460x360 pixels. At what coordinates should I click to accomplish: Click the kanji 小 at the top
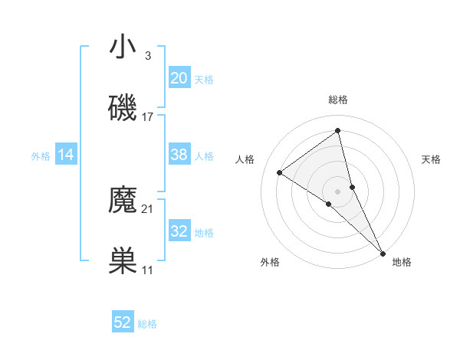click(123, 47)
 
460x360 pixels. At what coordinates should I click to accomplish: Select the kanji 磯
click(123, 108)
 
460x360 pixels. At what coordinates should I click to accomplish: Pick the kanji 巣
click(123, 261)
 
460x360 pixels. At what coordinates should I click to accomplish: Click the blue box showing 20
click(179, 78)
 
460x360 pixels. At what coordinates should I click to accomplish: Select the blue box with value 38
click(179, 155)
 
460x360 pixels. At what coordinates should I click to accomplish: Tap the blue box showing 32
click(179, 231)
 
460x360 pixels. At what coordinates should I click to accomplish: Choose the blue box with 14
click(66, 155)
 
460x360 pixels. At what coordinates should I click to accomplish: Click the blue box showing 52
click(123, 322)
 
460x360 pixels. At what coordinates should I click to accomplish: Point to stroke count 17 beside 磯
click(148, 117)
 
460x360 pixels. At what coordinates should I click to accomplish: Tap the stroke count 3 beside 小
click(148, 56)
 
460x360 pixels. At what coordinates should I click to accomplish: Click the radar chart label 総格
click(338, 100)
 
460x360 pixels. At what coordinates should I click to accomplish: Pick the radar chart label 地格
click(402, 263)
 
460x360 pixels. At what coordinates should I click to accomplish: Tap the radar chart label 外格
click(270, 263)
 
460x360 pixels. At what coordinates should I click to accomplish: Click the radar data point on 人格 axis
click(280, 172)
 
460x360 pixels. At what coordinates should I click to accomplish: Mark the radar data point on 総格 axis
click(338, 130)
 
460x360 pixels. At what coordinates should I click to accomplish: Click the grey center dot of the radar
click(338, 191)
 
